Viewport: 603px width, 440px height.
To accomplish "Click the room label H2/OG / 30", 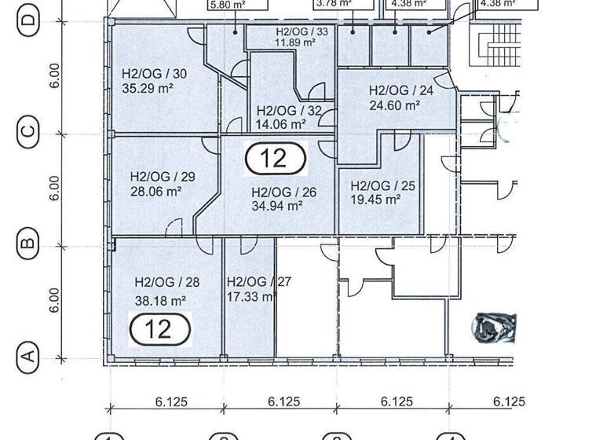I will [x=154, y=74].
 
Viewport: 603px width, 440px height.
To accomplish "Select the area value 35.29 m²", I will [x=148, y=89].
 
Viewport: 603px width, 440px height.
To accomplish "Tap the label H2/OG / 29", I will [x=163, y=176].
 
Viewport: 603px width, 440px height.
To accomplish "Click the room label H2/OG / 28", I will [x=166, y=282].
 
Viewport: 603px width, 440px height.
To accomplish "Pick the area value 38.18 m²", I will [x=160, y=300].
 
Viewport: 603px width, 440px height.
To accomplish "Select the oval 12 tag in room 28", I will [x=159, y=328].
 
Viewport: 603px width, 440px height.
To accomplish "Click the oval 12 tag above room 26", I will [x=275, y=158].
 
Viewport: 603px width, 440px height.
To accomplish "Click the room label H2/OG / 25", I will [x=382, y=185].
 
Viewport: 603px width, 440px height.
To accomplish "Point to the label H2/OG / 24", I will [x=401, y=90].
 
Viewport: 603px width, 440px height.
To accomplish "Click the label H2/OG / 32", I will [x=288, y=110].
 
